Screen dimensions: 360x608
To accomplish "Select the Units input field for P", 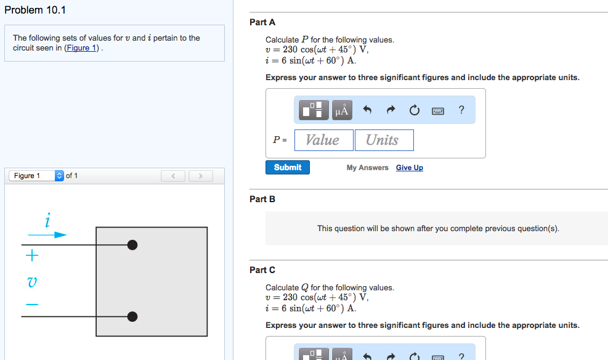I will click(x=383, y=140).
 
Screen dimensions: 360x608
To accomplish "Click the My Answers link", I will click(x=367, y=168).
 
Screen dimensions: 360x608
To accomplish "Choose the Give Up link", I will click(x=410, y=168).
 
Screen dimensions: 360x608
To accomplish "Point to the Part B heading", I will click(x=262, y=199).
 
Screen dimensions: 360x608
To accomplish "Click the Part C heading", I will click(x=262, y=270).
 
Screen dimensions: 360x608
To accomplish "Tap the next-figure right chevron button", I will click(x=200, y=176).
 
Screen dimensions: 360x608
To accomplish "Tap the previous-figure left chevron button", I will click(x=173, y=176).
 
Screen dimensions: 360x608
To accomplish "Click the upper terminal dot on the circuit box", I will click(x=132, y=245).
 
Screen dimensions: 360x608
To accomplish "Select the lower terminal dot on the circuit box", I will click(x=132, y=317).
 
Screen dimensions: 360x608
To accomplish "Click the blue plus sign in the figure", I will click(x=31, y=255).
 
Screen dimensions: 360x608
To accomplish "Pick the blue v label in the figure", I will click(x=32, y=282).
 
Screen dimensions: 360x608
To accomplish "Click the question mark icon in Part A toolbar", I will click(x=461, y=110).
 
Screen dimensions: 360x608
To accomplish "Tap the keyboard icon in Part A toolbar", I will click(x=438, y=111).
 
